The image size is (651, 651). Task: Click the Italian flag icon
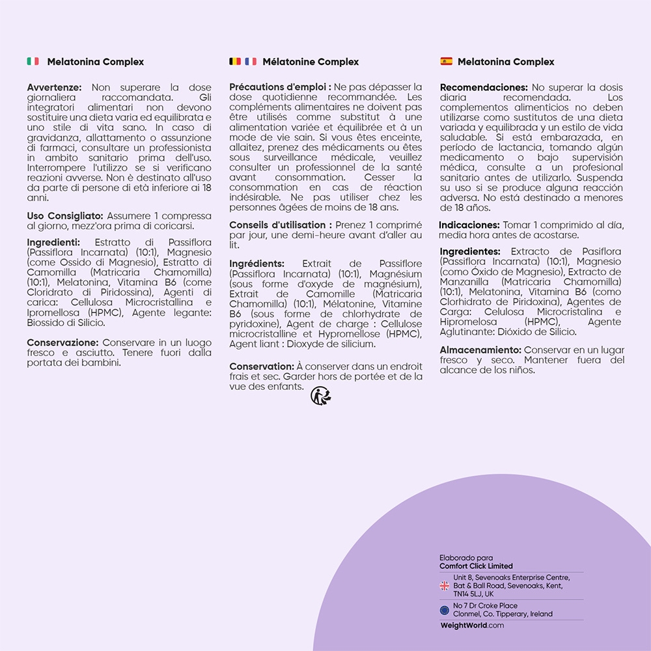coord(33,62)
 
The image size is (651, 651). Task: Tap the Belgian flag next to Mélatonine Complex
coord(235,62)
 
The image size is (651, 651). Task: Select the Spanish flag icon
coord(446,62)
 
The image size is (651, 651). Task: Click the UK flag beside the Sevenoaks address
coord(445,586)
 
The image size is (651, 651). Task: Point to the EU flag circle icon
coord(445,610)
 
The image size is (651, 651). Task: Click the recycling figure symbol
coord(320,396)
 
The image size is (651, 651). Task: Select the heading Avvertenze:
coord(55,87)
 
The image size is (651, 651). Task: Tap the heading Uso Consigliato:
coord(65,215)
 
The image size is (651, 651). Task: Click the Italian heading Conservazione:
coord(63,342)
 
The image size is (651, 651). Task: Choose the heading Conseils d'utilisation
coord(281,225)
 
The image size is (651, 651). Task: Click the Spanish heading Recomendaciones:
coord(484,87)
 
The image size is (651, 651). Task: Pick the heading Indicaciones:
coord(469,225)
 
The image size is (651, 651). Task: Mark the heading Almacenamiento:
coord(480,350)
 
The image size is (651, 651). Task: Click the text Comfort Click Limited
coord(476,566)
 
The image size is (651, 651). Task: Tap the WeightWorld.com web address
coord(472,626)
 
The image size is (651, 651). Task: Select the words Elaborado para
coord(466,558)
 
